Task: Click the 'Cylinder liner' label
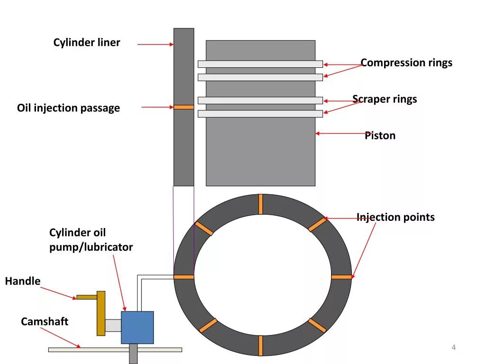87,43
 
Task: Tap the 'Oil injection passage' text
68,108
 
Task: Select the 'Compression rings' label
406,63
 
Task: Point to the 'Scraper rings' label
385,99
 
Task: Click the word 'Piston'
380,136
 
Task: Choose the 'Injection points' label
395,217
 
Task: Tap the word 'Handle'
23,281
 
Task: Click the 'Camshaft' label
45,321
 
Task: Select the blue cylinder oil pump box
137,327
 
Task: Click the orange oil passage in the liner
184,107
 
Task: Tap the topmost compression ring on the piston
260,64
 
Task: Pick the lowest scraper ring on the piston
260,114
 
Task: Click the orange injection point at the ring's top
260,204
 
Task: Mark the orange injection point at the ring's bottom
260,346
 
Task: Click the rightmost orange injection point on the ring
341,277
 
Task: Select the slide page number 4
454,348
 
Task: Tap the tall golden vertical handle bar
101,313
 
